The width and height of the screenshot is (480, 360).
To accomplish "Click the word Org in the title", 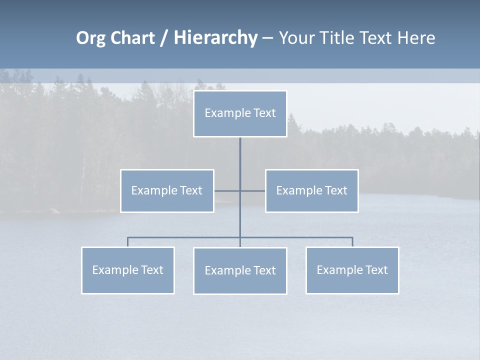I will tap(90, 38).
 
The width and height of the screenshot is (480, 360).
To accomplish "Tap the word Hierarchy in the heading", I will tap(215, 38).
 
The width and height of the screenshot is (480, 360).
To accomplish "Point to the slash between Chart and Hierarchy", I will tap(163, 38).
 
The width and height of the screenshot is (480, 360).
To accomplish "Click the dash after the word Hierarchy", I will tap(267, 38).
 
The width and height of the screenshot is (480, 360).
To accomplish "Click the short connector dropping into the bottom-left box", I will tap(128, 242).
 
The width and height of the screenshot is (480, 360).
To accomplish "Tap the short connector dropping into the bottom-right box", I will tap(352, 242).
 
